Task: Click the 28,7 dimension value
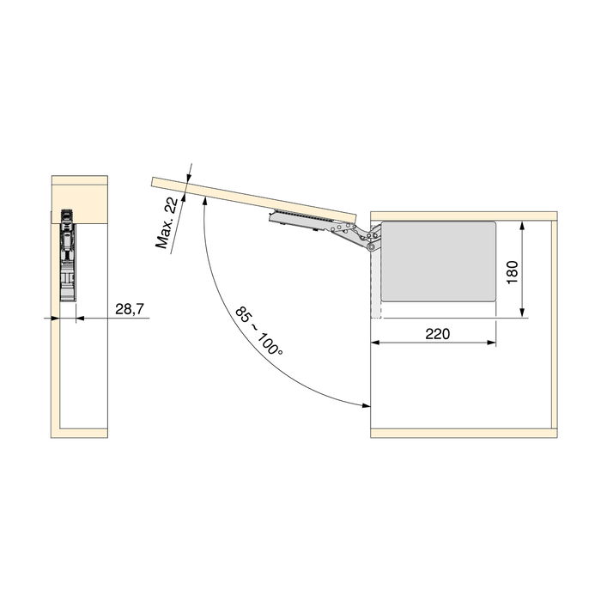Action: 128,308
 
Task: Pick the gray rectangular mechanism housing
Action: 438,261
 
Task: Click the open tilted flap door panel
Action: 253,196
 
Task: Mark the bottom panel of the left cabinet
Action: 81,430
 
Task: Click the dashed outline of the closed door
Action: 375,283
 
